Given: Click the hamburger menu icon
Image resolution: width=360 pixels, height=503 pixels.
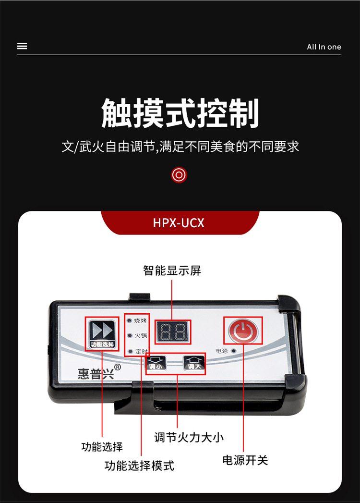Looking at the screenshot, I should click(22, 46).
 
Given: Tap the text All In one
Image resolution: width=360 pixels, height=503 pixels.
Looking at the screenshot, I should click(324, 47).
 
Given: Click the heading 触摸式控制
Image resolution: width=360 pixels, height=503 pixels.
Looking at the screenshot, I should click(180, 113).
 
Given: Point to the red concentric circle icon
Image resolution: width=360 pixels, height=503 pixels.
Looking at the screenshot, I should click(179, 175).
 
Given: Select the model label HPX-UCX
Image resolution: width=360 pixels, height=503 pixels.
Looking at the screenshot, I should click(179, 223).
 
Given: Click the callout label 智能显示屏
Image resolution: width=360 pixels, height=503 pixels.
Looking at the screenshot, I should click(172, 270).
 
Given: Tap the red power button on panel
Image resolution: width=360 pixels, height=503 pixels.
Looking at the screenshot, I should click(243, 331).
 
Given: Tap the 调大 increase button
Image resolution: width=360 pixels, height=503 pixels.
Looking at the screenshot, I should click(193, 364).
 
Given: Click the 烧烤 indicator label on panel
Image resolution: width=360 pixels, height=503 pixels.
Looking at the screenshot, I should click(141, 320).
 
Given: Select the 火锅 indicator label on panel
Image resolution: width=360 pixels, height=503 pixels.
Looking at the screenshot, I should click(141, 335).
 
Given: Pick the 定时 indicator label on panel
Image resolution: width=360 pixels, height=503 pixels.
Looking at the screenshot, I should click(141, 351).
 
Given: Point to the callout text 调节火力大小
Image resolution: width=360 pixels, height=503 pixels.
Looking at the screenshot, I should click(189, 437).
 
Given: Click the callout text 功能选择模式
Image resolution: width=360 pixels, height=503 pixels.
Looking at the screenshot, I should click(139, 465).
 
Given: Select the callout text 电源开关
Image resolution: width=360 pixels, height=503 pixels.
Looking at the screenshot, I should click(245, 460).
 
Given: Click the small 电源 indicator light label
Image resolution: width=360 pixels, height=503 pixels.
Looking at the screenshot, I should click(222, 351).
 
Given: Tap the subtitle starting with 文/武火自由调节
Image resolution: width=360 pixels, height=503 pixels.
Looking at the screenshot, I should click(180, 147).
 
